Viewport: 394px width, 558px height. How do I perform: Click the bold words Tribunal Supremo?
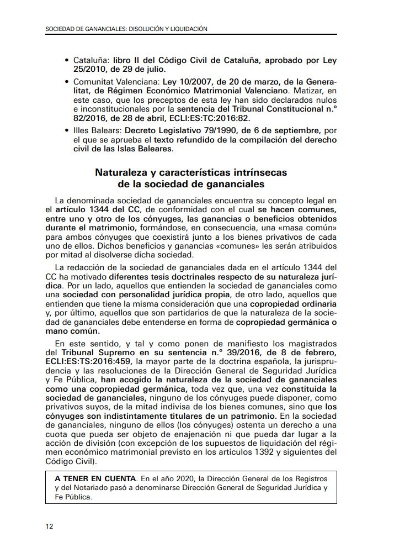tap(91, 352)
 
